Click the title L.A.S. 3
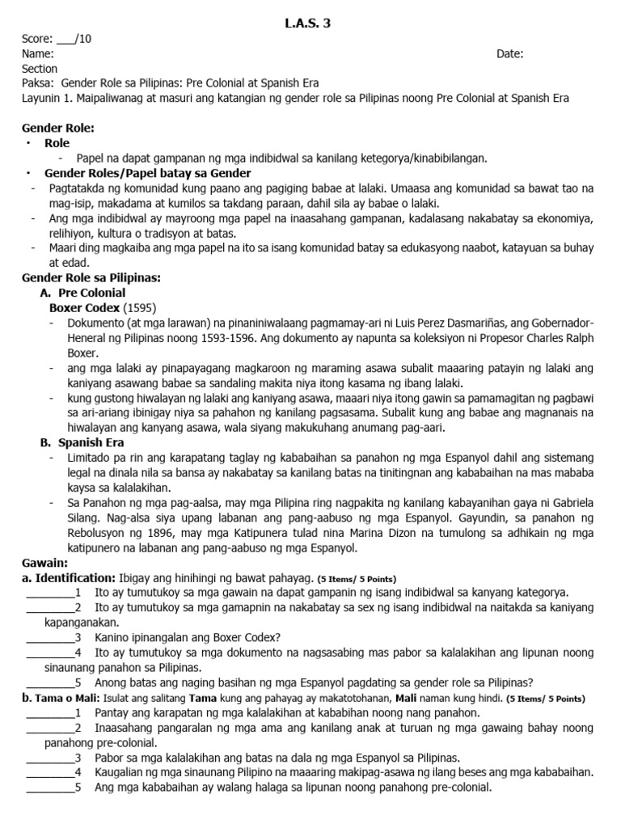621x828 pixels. point(307,23)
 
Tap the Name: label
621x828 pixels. point(38,53)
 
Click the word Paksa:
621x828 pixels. point(38,83)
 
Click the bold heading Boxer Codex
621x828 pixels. point(84,308)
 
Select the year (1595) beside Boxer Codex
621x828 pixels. point(139,308)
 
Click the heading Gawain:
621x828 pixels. point(45,562)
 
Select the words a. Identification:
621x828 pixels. point(69,577)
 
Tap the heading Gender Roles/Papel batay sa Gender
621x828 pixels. point(147,173)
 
